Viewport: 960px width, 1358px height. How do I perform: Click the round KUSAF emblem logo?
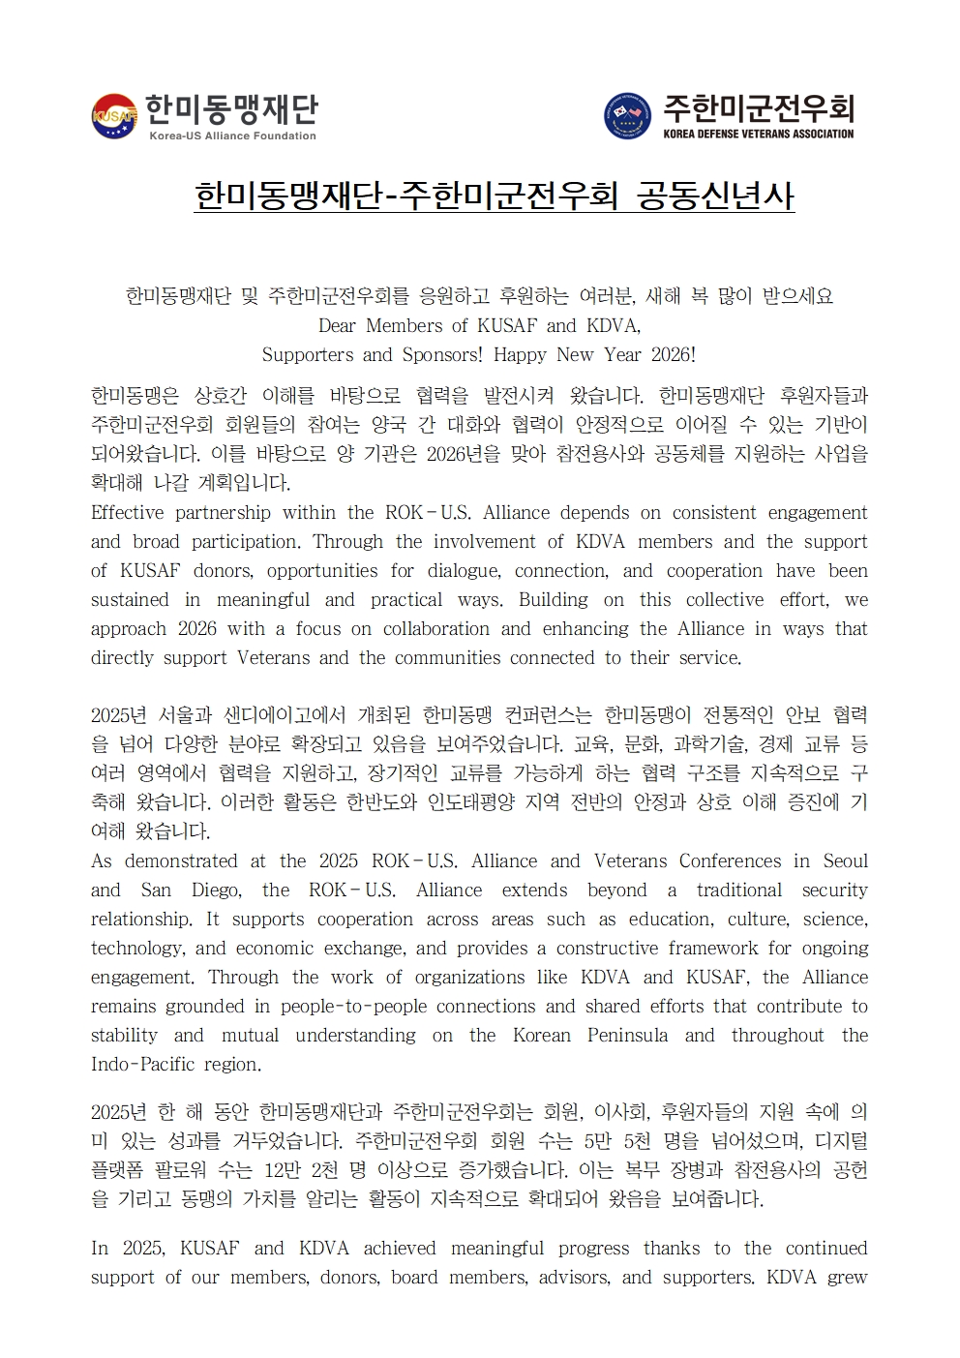coord(114,116)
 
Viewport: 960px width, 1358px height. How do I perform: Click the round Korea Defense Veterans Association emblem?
coord(627,116)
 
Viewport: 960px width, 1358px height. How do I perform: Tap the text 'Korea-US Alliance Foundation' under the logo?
coord(232,136)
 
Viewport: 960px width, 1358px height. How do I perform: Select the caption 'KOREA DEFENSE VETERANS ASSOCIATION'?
coord(759,134)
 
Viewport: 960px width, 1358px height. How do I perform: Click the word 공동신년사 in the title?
coord(715,196)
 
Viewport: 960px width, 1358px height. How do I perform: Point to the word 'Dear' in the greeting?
coord(338,325)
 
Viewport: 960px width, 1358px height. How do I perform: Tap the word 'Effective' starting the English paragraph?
coord(128,512)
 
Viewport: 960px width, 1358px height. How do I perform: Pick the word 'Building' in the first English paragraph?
coord(553,599)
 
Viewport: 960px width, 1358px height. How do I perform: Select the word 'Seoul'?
coord(845,860)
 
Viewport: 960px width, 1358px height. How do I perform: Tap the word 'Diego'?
coord(217,890)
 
